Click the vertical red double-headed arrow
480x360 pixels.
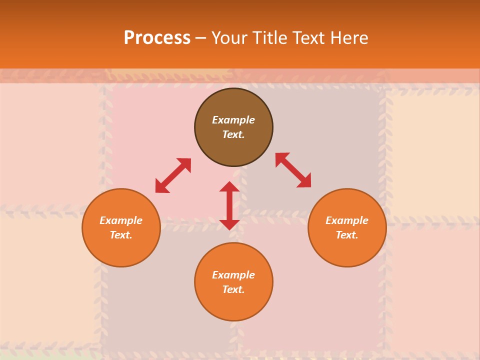point(229,205)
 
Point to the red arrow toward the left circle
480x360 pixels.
point(173,175)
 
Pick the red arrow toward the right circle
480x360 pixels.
point(293,170)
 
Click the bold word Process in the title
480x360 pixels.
point(157,37)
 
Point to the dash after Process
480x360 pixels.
point(201,38)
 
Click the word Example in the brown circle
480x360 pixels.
point(233,120)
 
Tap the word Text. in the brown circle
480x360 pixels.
point(233,134)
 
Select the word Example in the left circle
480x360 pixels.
point(121,220)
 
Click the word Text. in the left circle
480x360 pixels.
point(121,235)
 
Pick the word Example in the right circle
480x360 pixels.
point(347,220)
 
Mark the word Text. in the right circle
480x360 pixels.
point(347,235)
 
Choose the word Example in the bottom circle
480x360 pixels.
point(233,275)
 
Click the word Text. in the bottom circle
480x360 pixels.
point(233,289)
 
